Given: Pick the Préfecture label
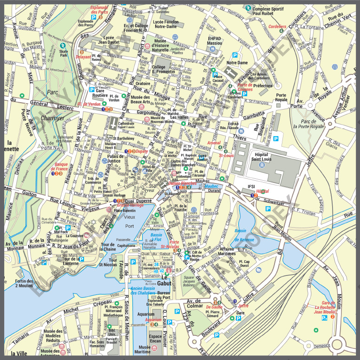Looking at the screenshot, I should (x=263, y=85).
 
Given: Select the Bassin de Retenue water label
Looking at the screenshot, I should (x=244, y=235).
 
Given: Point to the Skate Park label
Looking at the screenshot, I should (x=64, y=53).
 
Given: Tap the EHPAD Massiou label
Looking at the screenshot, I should (x=215, y=40).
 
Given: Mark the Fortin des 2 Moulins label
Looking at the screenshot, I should (x=24, y=283).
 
